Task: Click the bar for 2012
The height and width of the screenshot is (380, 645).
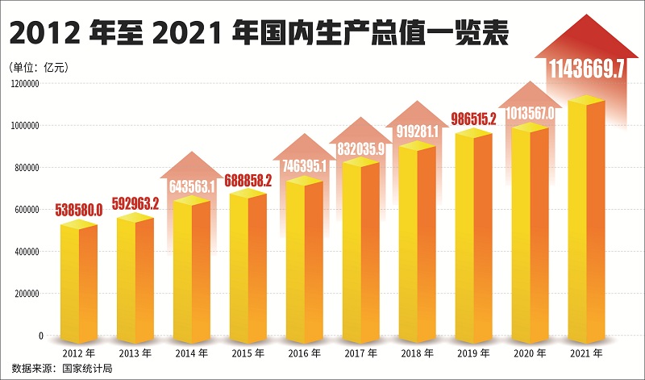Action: click(x=78, y=282)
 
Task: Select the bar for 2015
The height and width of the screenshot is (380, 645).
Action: click(x=248, y=266)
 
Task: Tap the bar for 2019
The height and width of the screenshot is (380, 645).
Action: click(x=473, y=238)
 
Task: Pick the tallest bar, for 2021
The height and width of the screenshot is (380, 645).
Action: click(x=586, y=222)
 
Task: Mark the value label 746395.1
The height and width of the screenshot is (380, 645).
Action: click(x=304, y=166)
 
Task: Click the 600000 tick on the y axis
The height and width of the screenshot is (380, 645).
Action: click(x=28, y=210)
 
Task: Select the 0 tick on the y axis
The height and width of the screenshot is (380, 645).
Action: click(x=40, y=336)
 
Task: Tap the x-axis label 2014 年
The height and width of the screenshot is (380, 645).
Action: click(x=191, y=353)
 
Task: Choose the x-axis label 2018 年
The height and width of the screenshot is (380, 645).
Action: click(x=417, y=353)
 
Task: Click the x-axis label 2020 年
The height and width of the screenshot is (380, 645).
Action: click(x=530, y=353)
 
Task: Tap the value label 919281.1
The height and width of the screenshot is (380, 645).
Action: click(x=417, y=130)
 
